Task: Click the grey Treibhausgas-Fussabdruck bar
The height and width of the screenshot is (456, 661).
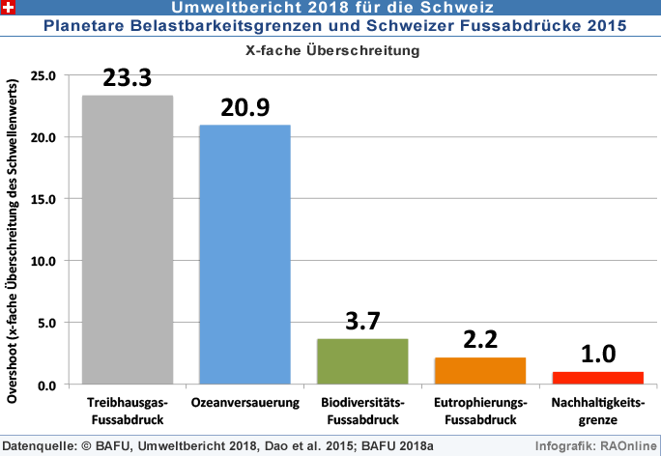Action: point(128,240)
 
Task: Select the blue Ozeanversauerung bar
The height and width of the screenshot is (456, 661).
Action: point(244,254)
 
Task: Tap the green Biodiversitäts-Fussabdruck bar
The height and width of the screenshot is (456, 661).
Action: point(362,361)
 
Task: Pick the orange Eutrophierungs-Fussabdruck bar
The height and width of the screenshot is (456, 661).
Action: point(479,371)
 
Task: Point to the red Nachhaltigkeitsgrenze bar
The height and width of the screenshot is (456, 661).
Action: point(597,378)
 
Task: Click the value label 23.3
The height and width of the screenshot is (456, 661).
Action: point(128,78)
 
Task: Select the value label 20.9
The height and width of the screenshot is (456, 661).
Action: point(244,108)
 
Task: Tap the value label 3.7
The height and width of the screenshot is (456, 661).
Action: point(362,322)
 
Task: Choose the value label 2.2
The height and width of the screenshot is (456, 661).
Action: point(479,340)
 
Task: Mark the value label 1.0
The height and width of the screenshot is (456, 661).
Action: point(597,355)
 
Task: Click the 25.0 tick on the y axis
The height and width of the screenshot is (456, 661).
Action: point(43,75)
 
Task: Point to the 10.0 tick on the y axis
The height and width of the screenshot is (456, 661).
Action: point(43,261)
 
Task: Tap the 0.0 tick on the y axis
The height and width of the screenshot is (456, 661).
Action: point(47,385)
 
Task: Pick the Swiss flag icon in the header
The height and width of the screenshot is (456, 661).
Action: point(10,8)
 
